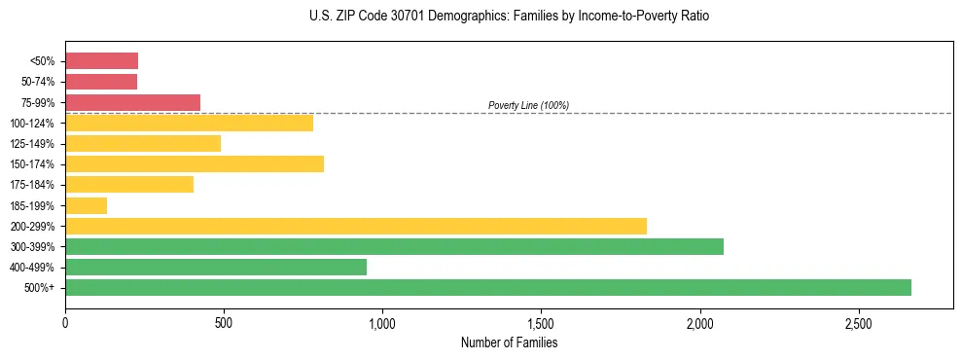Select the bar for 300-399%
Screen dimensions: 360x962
[394, 246]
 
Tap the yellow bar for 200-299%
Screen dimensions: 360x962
[356, 226]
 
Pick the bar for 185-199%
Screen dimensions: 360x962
[86, 205]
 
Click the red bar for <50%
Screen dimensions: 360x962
[101, 60]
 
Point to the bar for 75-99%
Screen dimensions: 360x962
[132, 102]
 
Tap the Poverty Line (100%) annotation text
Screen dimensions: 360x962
[528, 105]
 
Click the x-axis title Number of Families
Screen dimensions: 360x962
[509, 342]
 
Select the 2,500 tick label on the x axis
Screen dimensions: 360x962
[858, 322]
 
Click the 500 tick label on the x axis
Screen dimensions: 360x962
[224, 322]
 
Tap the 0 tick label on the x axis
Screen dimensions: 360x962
[65, 322]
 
